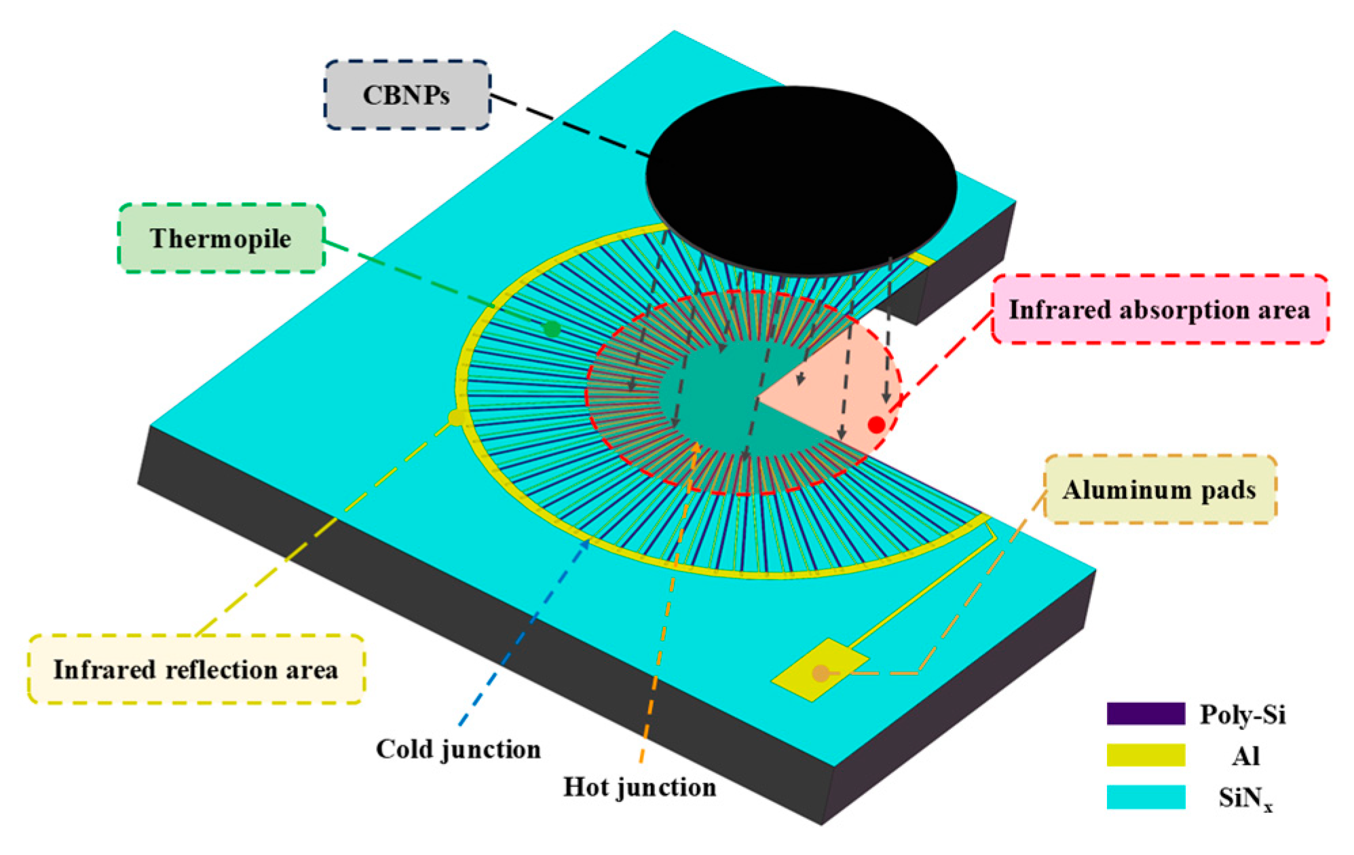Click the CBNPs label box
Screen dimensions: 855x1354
click(407, 95)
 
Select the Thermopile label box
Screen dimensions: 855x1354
click(221, 238)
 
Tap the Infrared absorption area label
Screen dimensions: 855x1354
click(1159, 310)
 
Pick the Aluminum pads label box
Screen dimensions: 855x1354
click(1159, 490)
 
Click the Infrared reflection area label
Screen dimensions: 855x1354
click(195, 670)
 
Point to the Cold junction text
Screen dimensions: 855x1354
click(458, 749)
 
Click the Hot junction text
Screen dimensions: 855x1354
click(639, 787)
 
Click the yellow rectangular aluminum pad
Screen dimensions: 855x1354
click(820, 670)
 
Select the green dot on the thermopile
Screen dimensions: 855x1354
click(552, 329)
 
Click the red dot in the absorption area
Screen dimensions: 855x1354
click(876, 424)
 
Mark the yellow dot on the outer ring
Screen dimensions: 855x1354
click(457, 417)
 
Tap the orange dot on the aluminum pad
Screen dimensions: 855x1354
click(821, 673)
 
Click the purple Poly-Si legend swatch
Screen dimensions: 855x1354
click(1146, 714)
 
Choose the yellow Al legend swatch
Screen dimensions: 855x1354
click(1146, 755)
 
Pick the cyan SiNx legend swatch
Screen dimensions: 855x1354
click(1146, 797)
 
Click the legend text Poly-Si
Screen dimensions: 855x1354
click(1243, 714)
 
